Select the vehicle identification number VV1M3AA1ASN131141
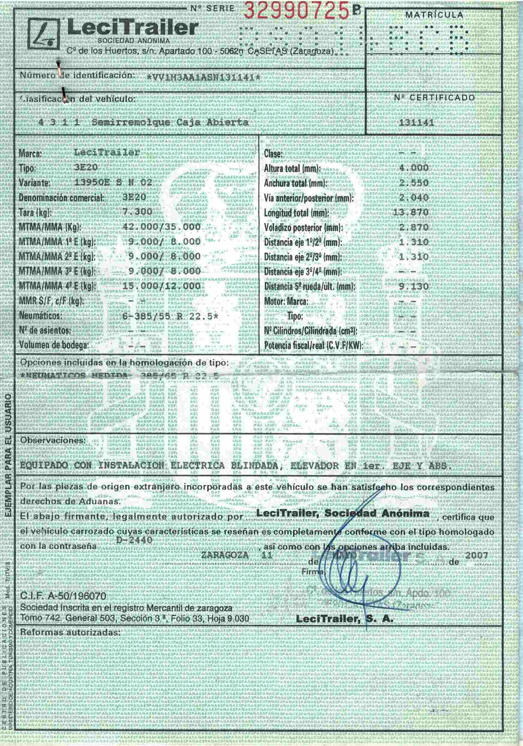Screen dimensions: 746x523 [203, 77]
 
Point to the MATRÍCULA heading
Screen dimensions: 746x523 [434, 15]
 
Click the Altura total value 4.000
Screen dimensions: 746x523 [413, 168]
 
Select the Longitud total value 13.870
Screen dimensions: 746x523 [411, 213]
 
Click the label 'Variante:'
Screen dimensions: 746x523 [35, 183]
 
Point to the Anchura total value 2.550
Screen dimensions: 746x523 [413, 183]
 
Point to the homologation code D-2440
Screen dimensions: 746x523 [134, 540]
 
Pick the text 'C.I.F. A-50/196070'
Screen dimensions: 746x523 [63, 596]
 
